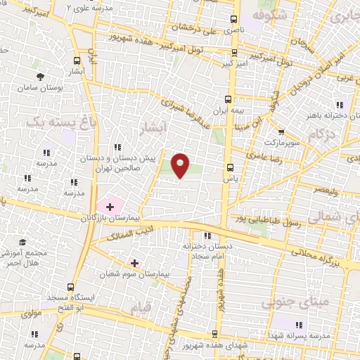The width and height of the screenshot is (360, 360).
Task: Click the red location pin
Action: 181,165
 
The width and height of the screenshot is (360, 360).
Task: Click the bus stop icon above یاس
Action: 229,167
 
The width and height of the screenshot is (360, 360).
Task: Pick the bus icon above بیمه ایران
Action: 227,99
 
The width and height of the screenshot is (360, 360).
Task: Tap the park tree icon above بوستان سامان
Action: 41,75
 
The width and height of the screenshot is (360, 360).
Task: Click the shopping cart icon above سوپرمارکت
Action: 281,131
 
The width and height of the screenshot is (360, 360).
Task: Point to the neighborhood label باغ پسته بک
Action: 54,122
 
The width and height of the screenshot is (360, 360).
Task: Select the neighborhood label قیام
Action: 141,308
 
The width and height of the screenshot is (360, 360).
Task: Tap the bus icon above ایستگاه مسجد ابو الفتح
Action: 70,287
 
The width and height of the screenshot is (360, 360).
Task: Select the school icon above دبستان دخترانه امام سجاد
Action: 206,236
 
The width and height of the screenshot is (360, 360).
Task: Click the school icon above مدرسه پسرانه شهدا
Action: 298,324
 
